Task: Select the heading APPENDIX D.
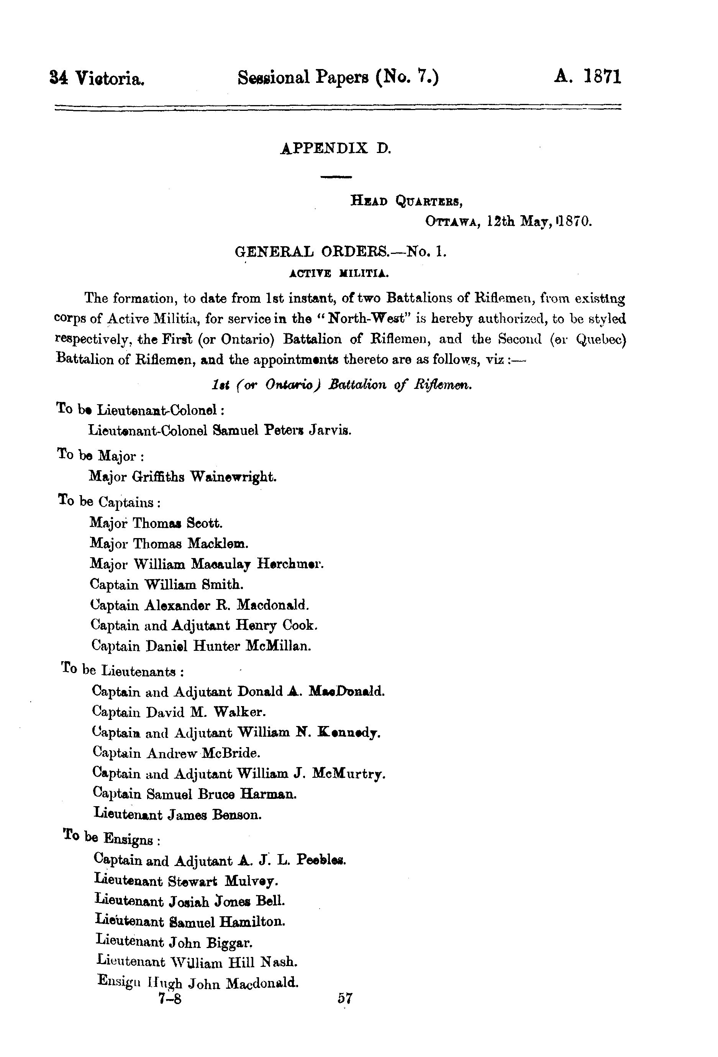336,148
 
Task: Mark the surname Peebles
321,860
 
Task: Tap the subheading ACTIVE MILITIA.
339,273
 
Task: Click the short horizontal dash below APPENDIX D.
336,176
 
